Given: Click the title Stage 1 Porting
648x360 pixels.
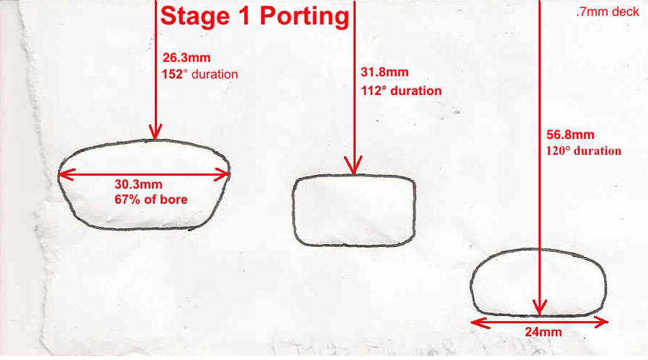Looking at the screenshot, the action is [x=255, y=17].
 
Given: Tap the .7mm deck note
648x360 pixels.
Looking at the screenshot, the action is [x=608, y=12].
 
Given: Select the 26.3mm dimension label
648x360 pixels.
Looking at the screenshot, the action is [x=186, y=58].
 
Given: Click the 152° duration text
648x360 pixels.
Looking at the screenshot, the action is [x=199, y=74].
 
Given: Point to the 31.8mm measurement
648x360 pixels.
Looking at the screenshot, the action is [x=384, y=72].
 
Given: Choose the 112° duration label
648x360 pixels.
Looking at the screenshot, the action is [x=401, y=91].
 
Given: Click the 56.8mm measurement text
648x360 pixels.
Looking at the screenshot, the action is [x=570, y=135].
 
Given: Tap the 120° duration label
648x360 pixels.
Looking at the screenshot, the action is [x=583, y=151].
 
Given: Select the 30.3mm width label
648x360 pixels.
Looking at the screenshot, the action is [x=138, y=184].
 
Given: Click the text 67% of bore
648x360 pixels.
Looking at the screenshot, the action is [x=151, y=199].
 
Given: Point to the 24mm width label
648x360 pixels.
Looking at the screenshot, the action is [x=543, y=332].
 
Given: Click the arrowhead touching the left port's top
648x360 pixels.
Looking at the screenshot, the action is [x=156, y=132].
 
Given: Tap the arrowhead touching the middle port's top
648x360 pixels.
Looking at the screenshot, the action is [x=354, y=166].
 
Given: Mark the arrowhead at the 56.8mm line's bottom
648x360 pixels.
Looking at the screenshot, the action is [x=539, y=307].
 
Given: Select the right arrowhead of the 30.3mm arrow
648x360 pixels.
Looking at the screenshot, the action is [x=222, y=175].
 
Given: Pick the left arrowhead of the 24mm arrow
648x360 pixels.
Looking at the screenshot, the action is [x=480, y=323].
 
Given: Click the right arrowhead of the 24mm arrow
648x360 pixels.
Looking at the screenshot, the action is [x=599, y=322].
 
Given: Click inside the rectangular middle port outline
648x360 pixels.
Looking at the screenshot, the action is [x=354, y=210].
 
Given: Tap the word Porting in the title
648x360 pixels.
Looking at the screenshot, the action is [x=305, y=17].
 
